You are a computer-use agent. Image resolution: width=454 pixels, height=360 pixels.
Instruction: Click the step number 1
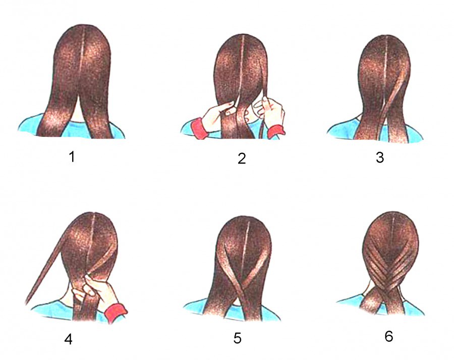click(x=72, y=157)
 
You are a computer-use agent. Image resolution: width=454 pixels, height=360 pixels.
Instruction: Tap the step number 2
click(x=242, y=158)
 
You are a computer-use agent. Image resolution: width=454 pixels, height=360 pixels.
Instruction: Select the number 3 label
click(x=380, y=158)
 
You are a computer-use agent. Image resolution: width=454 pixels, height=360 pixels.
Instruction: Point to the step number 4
click(x=68, y=339)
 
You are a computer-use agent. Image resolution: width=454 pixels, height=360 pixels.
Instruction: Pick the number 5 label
click(x=237, y=338)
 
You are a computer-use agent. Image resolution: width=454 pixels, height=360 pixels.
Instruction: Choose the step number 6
click(x=388, y=336)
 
